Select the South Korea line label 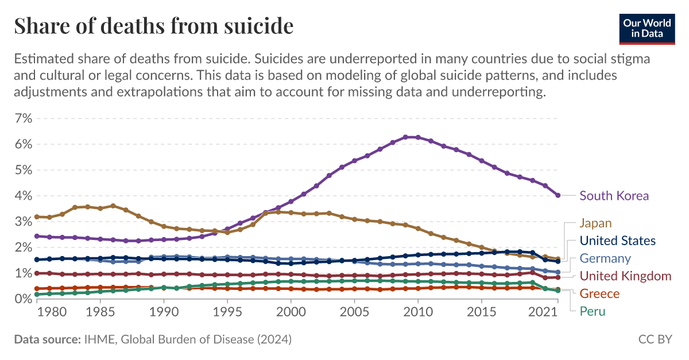614,196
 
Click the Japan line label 595,223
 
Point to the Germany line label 605,258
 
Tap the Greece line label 599,294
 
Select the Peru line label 593,312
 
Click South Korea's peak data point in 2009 405,137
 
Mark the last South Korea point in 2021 558,196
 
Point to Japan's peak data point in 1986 113,206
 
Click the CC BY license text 655,340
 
